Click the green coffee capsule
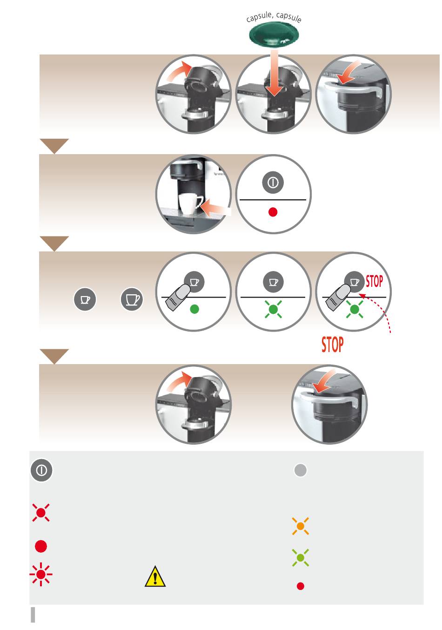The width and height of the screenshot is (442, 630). pyautogui.click(x=274, y=35)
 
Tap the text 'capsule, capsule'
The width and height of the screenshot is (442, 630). pyautogui.click(x=274, y=17)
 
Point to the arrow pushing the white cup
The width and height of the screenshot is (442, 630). pyautogui.click(x=216, y=209)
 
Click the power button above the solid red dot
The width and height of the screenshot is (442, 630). pyautogui.click(x=273, y=183)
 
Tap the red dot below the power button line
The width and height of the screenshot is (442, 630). pyautogui.click(x=273, y=212)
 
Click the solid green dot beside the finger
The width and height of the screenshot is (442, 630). pyautogui.click(x=194, y=309)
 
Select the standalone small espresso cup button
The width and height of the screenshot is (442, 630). pyautogui.click(x=85, y=299)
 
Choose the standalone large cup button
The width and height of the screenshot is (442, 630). pyautogui.click(x=132, y=299)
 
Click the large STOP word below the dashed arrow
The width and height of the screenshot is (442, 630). pyautogui.click(x=332, y=344)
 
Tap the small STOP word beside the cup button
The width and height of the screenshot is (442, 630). pyautogui.click(x=374, y=281)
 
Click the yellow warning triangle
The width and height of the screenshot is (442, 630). pyautogui.click(x=155, y=577)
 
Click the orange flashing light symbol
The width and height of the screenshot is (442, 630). pyautogui.click(x=301, y=526)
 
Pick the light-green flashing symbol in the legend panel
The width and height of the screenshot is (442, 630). pyautogui.click(x=301, y=557)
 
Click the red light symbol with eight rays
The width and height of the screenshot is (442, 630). pyautogui.click(x=41, y=575)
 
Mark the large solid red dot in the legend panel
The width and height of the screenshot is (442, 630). pyautogui.click(x=41, y=546)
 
